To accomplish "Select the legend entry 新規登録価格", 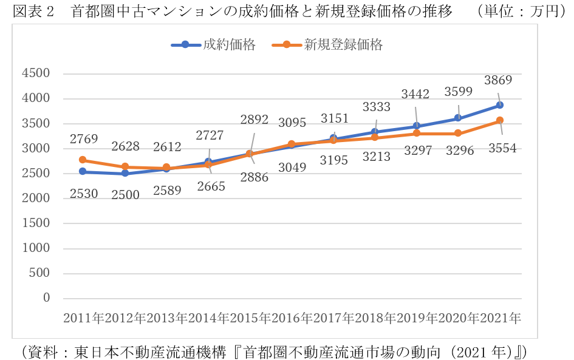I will [x=343, y=44].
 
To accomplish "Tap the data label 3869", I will [x=498, y=80].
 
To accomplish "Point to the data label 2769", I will [x=83, y=139].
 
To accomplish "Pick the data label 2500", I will [x=125, y=195].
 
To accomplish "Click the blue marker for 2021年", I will [x=499, y=105].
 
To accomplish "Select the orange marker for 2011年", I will [x=83, y=160].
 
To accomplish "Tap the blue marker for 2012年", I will [x=125, y=174].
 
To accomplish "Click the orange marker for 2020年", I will [x=458, y=134].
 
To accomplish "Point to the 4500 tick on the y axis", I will [x=36, y=73].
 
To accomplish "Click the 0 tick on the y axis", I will [x=46, y=298].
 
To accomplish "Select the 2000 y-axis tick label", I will [x=36, y=199].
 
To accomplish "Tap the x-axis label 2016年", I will [x=292, y=318].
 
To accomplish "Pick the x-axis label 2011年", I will [x=83, y=318].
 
